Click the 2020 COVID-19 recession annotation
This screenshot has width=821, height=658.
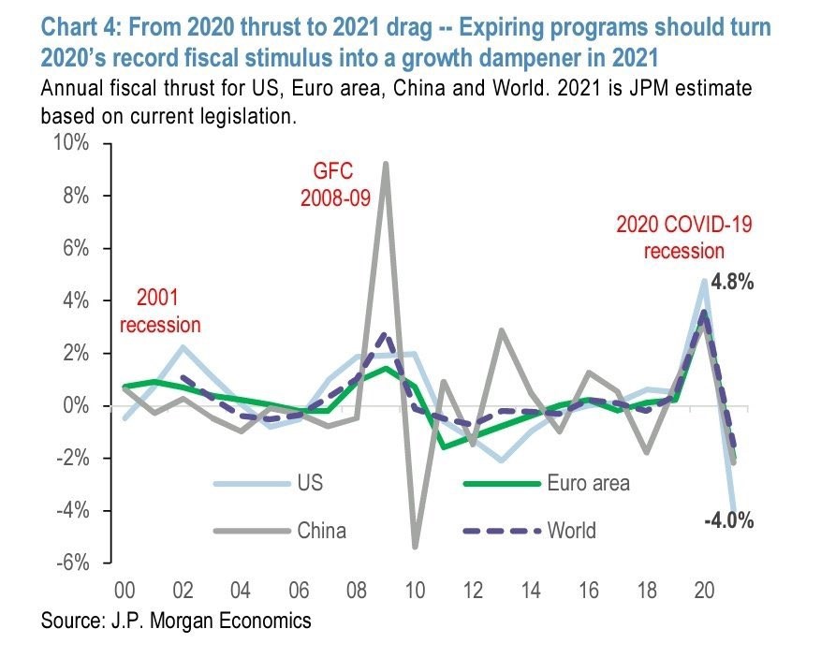pyautogui.click(x=670, y=237)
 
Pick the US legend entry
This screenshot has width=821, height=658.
pyautogui.click(x=310, y=484)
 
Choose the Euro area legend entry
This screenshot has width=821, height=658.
pyautogui.click(x=589, y=484)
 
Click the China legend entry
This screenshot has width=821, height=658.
pyautogui.click(x=321, y=531)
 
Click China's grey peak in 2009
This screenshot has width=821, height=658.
pyautogui.click(x=386, y=164)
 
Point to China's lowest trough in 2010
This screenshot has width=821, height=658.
pyautogui.click(x=415, y=547)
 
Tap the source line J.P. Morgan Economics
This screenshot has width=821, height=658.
pyautogui.click(x=176, y=621)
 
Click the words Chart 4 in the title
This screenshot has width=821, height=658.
pyautogui.click(x=79, y=25)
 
